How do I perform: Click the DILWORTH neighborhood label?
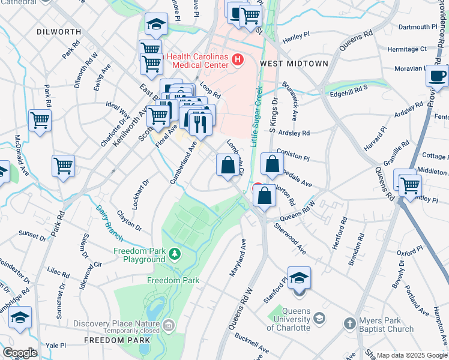pos(58,31)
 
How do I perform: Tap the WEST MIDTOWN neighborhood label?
pos(294,64)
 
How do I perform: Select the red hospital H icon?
pos(238,59)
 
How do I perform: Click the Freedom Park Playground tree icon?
pos(175,254)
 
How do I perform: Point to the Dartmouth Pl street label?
pos(418,27)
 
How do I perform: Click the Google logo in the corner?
pos(19,352)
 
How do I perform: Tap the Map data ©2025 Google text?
pos(411,355)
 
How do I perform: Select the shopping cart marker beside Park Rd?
pos(63,166)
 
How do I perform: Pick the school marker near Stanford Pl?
pos(299,279)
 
